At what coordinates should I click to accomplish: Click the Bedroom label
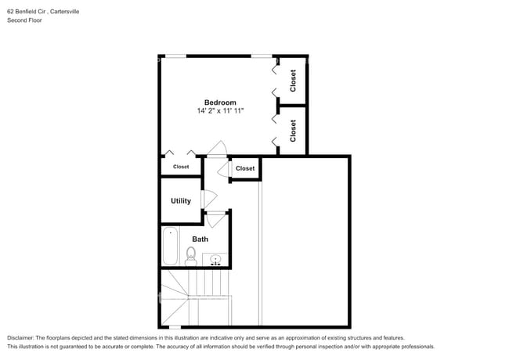point(220,103)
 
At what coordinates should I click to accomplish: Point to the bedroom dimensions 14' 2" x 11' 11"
point(220,112)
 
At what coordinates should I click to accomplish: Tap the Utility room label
point(181,201)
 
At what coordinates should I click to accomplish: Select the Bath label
point(200,239)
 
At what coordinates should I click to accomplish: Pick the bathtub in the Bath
point(171,247)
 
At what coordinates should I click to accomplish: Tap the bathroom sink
point(215,259)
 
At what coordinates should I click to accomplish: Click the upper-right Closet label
point(293,81)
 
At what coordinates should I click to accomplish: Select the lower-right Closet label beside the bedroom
point(293,130)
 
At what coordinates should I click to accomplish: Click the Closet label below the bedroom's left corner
point(181,167)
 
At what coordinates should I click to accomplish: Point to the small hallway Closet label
point(245,168)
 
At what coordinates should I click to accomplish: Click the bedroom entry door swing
point(219,149)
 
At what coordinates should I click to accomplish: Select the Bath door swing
point(215,218)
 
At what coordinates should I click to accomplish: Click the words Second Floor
point(24,20)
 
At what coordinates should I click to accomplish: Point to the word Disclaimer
point(23,337)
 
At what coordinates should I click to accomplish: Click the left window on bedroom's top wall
point(174,56)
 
